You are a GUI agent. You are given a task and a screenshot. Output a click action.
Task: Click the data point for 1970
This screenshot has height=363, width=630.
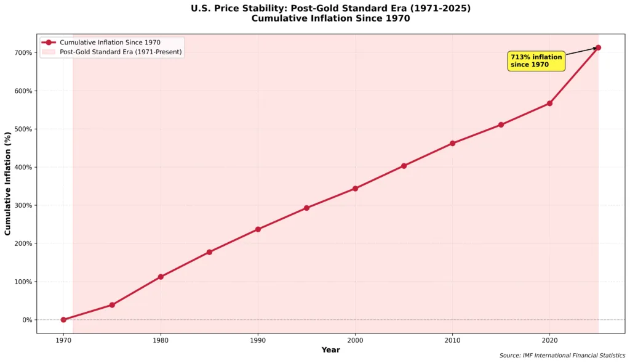coord(63,320)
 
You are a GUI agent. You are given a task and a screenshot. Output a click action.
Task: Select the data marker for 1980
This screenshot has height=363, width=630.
coord(161,277)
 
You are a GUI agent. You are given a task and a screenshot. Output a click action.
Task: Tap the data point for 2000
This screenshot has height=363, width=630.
coord(355,189)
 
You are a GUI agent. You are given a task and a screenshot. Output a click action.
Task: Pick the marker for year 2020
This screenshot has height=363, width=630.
coord(549,103)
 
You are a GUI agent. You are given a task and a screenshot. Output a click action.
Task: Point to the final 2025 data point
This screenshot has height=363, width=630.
coord(598,47)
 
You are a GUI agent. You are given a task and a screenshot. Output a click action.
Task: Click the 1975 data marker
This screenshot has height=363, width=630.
coord(112,305)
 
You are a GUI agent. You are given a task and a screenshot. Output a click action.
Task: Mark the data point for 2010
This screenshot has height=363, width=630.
coord(452,143)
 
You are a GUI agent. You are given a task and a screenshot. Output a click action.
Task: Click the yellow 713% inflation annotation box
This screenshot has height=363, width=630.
coord(536,61)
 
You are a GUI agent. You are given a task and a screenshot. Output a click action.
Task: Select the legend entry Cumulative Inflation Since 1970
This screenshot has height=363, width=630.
coord(110,43)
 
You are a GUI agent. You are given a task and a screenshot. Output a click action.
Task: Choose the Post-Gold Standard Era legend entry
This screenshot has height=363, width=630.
coord(120,52)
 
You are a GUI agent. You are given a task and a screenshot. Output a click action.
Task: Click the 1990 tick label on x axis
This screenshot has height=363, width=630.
coord(258,340)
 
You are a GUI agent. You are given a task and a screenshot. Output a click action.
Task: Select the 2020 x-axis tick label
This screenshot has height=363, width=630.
coord(549,340)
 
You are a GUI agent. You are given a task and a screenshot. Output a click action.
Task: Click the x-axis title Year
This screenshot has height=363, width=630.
coord(330,350)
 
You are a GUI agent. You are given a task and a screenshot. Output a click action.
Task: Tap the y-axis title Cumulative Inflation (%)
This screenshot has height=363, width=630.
coord(8,183)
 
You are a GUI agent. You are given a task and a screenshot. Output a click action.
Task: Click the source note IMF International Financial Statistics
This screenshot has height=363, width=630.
coord(562,356)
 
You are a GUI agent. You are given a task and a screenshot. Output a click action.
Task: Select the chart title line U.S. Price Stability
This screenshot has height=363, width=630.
coord(330,8)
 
